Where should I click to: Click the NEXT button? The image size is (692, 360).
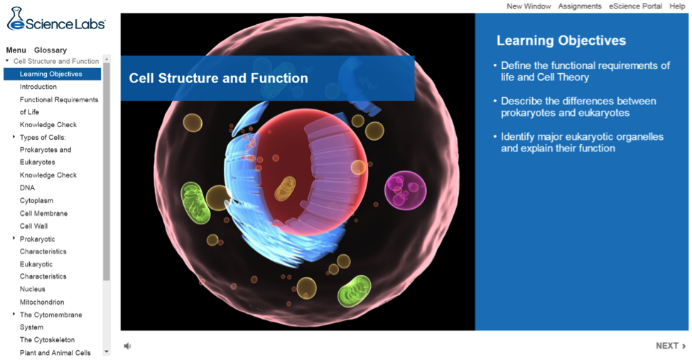[671, 346]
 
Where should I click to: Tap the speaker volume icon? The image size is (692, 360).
[128, 346]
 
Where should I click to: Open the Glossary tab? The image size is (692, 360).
[50, 50]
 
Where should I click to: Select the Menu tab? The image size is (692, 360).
[16, 50]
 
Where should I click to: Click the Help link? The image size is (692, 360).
[677, 6]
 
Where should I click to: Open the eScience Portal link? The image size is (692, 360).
[635, 6]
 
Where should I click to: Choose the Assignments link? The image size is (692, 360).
[580, 6]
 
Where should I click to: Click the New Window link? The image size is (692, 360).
[529, 6]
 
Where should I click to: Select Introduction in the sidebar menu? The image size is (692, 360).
[38, 87]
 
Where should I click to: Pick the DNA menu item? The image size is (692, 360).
[27, 188]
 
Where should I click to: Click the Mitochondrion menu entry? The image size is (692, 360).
[42, 302]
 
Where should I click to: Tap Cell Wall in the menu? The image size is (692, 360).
[33, 227]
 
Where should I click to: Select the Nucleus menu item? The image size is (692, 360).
[32, 290]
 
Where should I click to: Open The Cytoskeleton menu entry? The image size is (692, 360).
[47, 340]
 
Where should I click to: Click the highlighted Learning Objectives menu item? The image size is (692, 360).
[52, 74]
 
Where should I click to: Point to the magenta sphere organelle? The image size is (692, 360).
[405, 190]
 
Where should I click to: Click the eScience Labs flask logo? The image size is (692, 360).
[16, 19]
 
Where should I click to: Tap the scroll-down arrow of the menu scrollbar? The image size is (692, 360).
[107, 352]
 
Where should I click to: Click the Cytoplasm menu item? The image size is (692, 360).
[36, 201]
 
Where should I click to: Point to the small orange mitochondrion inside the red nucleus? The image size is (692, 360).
[285, 189]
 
